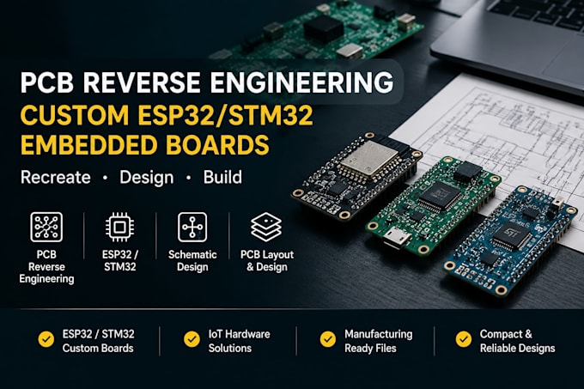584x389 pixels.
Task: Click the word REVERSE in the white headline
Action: click(x=143, y=82)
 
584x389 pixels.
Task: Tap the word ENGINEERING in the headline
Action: click(x=302, y=82)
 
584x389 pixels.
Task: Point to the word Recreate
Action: click(x=56, y=177)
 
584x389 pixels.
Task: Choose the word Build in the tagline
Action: click(x=222, y=177)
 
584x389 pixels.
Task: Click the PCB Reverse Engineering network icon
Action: click(x=46, y=227)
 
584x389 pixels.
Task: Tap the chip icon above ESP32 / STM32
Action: click(x=119, y=227)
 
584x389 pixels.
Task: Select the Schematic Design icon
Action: click(x=192, y=227)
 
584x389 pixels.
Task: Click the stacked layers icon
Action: click(x=266, y=227)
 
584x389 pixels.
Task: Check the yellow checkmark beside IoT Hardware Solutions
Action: click(x=192, y=339)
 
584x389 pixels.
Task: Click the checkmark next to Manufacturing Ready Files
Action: click(x=328, y=339)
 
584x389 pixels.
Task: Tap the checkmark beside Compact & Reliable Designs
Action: click(x=464, y=339)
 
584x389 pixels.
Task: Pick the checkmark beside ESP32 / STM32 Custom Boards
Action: click(x=46, y=339)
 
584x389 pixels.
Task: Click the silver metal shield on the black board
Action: click(x=365, y=158)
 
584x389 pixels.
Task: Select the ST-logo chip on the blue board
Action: click(x=511, y=236)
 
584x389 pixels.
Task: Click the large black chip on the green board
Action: click(x=440, y=196)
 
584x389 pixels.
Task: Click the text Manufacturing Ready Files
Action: click(x=379, y=341)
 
